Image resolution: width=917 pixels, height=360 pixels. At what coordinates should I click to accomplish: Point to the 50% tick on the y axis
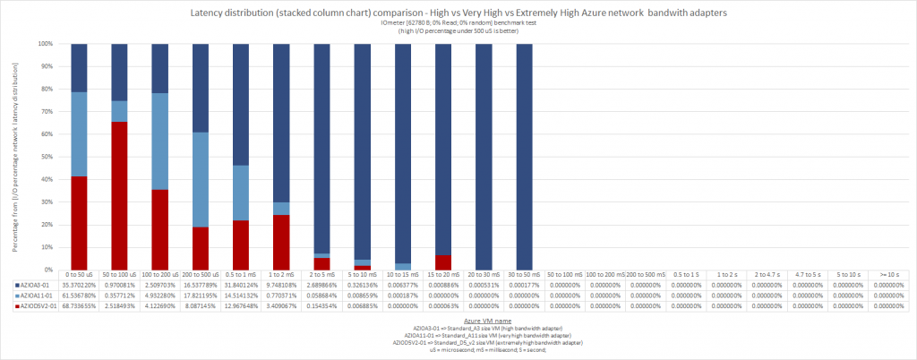tap(52, 156)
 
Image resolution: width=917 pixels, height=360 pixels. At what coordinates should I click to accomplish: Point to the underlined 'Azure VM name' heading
tap(488, 320)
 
